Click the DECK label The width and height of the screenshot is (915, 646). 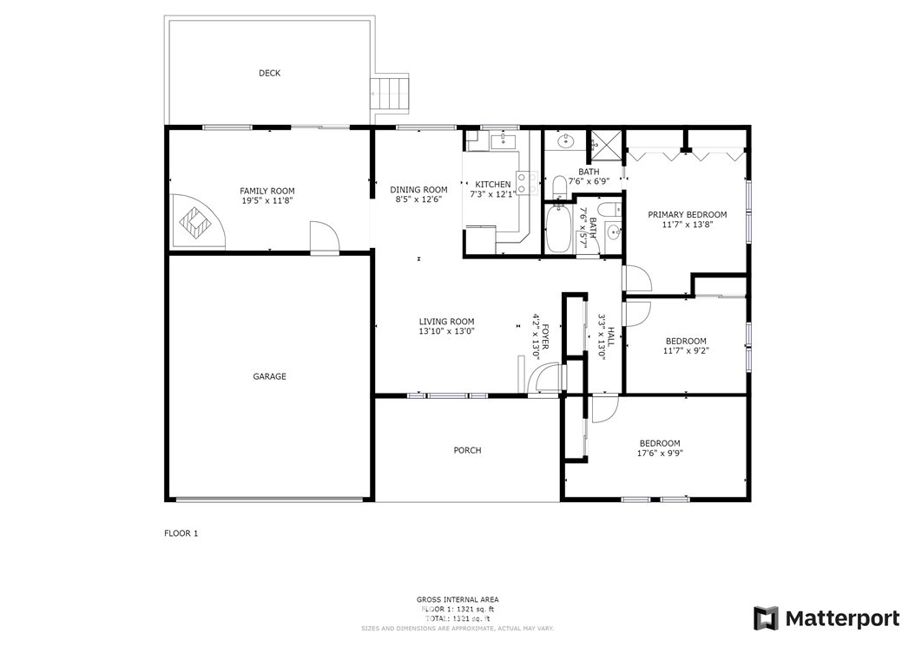(269, 74)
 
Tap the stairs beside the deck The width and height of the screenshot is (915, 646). (389, 94)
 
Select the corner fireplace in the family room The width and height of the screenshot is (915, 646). (198, 222)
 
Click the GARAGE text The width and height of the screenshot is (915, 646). (269, 377)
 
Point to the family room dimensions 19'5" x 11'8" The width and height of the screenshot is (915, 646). (267, 201)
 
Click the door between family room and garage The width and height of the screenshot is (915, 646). (324, 238)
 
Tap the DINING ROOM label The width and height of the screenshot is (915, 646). (418, 190)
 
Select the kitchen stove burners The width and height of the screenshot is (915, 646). (524, 181)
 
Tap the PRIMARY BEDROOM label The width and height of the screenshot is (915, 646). (688, 215)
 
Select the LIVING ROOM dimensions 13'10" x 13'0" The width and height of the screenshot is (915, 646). (447, 331)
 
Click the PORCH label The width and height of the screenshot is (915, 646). (467, 451)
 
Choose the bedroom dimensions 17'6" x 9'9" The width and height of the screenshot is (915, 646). (660, 453)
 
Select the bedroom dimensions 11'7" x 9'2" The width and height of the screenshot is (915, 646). (686, 351)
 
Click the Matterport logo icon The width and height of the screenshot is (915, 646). (766, 618)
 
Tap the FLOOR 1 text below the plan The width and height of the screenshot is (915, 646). (181, 533)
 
